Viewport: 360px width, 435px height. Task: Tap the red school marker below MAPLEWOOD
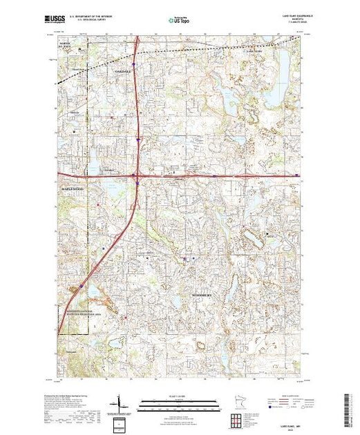(x=99, y=204)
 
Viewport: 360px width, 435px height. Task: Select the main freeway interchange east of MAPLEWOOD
(x=138, y=182)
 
